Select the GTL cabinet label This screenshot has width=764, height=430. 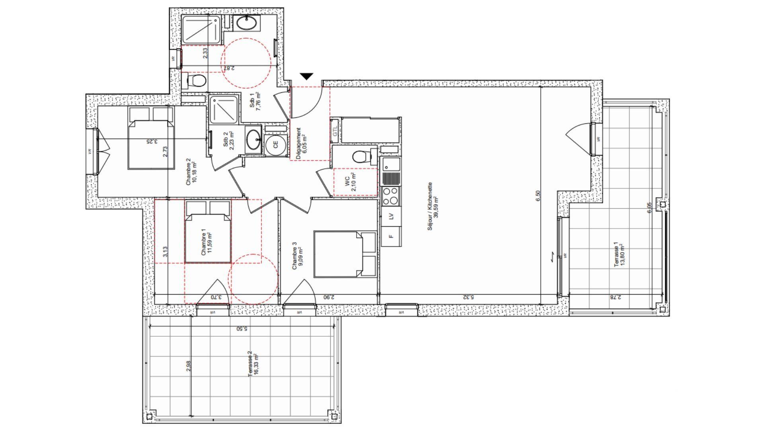335,131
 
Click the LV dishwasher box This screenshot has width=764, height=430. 391,216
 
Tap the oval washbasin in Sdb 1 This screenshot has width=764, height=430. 247,23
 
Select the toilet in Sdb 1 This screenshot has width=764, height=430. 195,81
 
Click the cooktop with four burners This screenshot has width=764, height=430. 391,196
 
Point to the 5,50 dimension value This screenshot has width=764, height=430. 242,329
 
